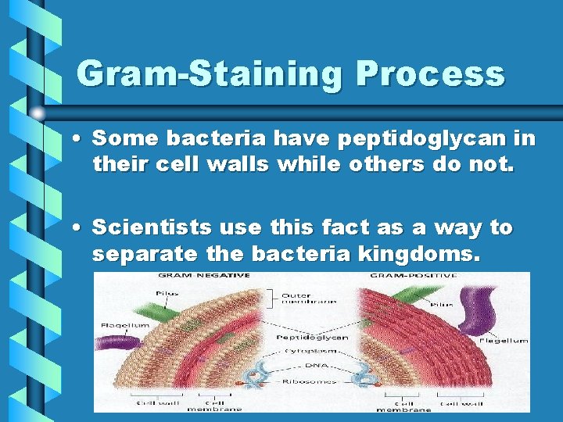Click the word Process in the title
tap(430, 75)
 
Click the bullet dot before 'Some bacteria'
tap(81, 140)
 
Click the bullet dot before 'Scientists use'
tap(81, 229)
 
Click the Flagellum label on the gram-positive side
tap(503, 340)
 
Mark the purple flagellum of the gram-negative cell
tap(117, 349)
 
